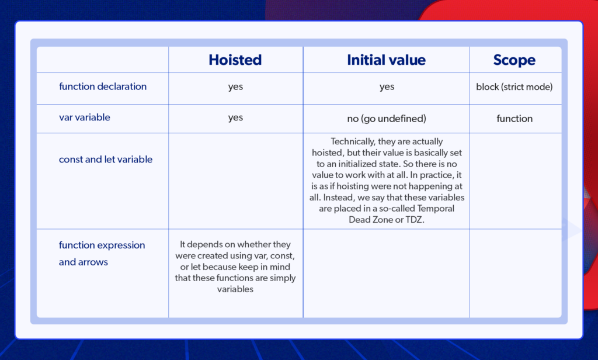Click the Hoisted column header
(235, 60)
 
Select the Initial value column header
(386, 60)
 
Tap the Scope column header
(514, 60)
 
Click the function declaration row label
(103, 86)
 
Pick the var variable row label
(85, 117)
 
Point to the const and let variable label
(106, 160)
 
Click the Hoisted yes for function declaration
(235, 87)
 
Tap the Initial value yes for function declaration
(387, 87)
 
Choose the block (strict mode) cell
(514, 87)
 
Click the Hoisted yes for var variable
(235, 118)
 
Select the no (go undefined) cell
(387, 119)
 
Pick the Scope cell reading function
(514, 119)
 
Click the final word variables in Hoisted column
(235, 289)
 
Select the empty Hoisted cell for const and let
(235, 181)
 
